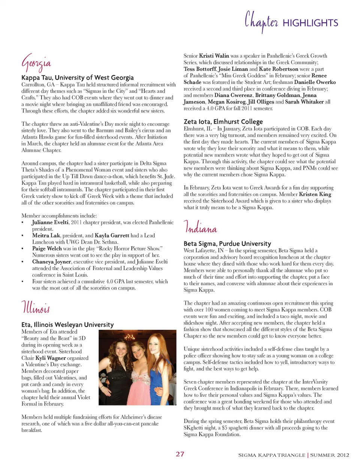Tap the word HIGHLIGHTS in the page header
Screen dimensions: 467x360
coord(310,23)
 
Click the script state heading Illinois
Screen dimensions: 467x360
coord(35,308)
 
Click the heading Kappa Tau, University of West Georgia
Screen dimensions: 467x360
coord(77,78)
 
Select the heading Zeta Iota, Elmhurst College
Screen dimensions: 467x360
coord(223,122)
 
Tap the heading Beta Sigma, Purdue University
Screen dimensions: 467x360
coord(227,243)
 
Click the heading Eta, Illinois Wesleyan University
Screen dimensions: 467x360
coord(67,324)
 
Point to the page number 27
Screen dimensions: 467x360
coord(180,454)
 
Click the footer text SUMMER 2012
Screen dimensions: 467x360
coord(330,455)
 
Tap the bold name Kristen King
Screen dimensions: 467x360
coord(315,194)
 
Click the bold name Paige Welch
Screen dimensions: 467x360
coord(47,248)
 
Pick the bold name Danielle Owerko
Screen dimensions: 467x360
coord(315,82)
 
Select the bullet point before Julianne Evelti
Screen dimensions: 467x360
coord(23,222)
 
